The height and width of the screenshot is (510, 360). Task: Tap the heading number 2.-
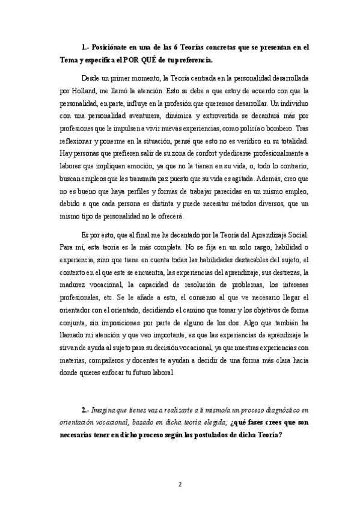[x=85, y=408]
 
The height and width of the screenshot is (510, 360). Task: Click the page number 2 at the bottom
[x=180, y=484]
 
